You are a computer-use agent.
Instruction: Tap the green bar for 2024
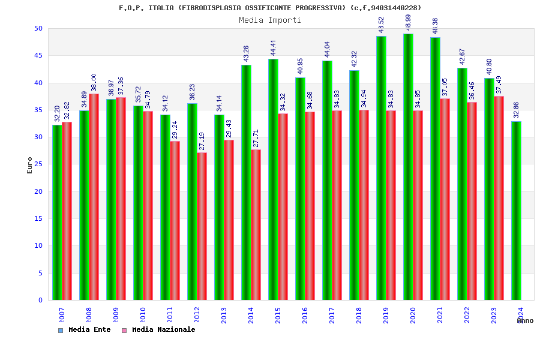[x=516, y=211]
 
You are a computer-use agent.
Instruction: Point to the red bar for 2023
[x=499, y=198]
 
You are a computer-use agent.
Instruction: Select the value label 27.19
[x=202, y=141]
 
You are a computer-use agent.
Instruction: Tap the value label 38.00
[x=94, y=82]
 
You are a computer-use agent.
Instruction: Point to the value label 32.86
[x=517, y=110]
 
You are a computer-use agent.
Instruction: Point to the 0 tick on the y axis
[x=40, y=300]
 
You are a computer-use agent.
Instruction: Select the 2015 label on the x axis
[x=278, y=316]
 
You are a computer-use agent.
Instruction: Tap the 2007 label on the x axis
[x=62, y=316]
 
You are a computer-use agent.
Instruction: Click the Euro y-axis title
[x=30, y=165]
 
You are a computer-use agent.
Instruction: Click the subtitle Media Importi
[x=270, y=20]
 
